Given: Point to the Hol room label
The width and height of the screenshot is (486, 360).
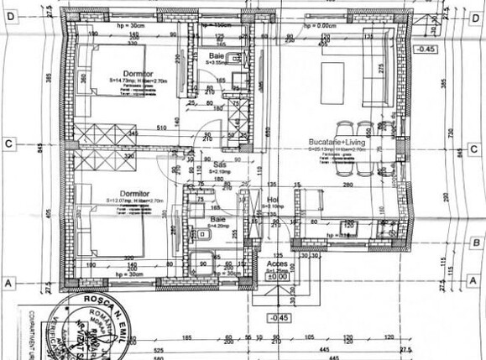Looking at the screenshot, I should pos(273,201).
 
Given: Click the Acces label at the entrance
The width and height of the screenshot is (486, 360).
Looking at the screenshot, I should pos(276,263).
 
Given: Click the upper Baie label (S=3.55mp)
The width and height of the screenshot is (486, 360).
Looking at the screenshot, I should pos(217,55).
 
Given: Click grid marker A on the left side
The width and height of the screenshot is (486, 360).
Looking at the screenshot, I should pos(8,284).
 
